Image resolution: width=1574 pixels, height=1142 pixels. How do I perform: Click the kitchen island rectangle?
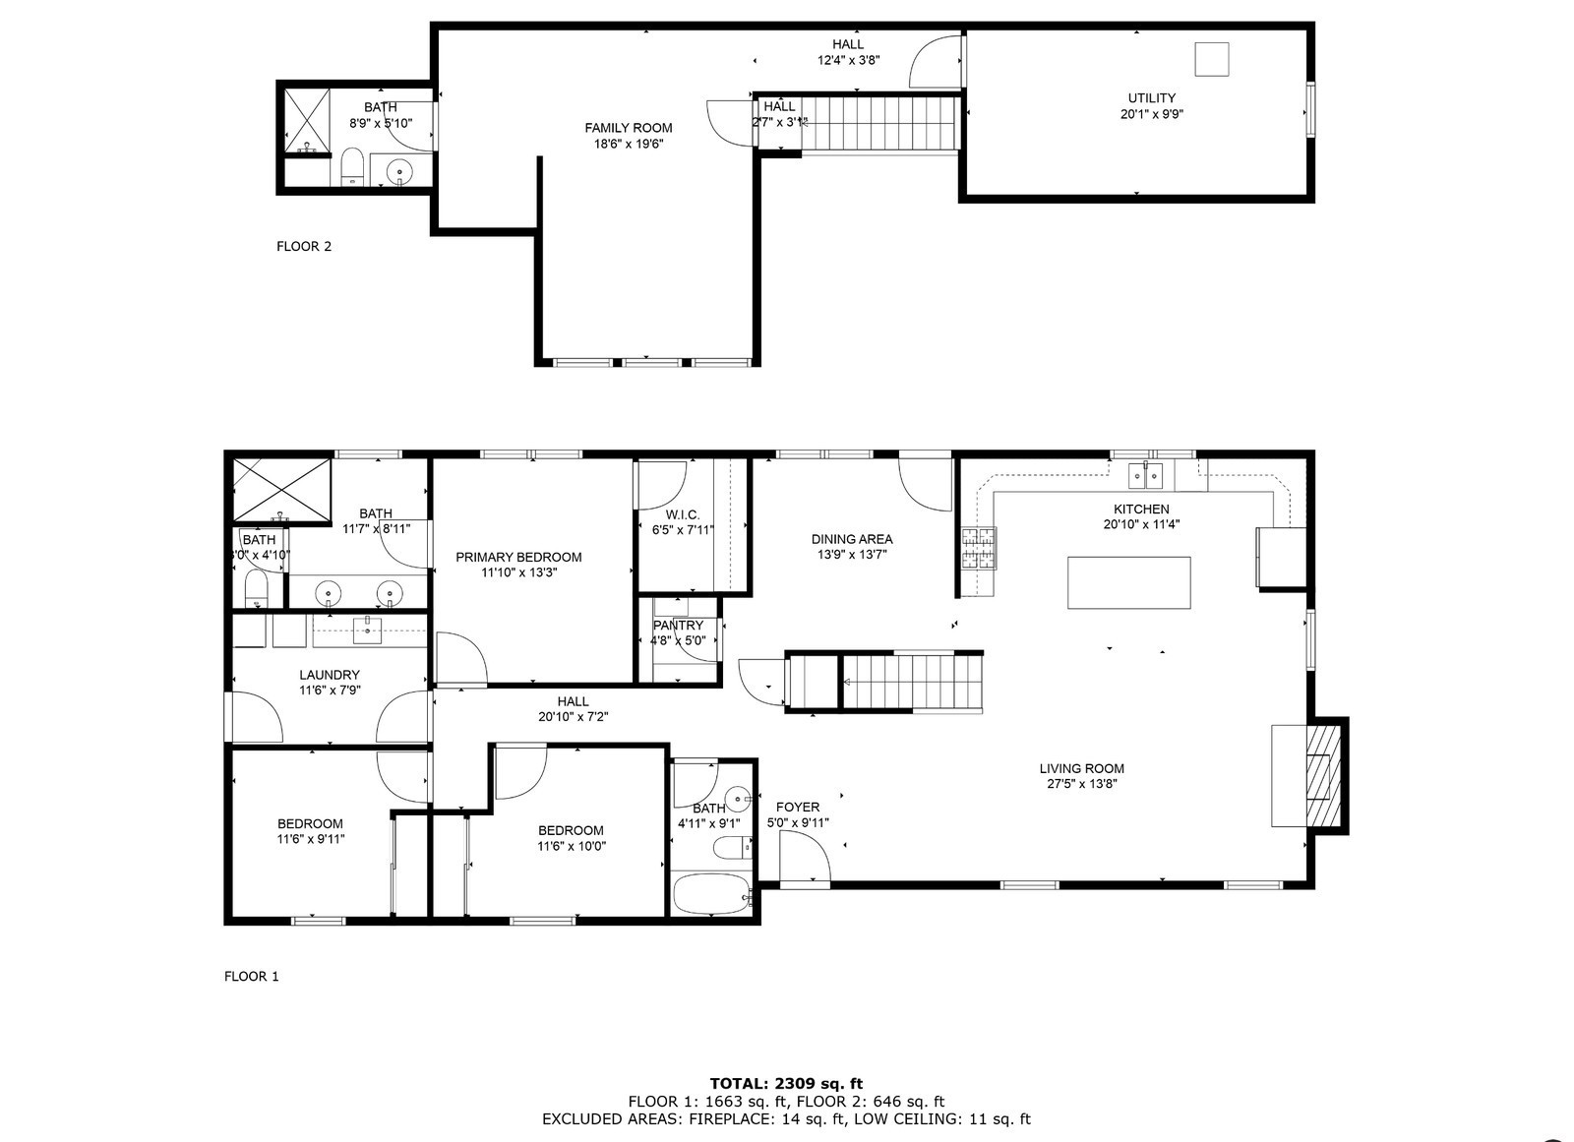pyautogui.click(x=1128, y=582)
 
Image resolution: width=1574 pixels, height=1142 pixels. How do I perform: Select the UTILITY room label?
pyautogui.click(x=1151, y=98)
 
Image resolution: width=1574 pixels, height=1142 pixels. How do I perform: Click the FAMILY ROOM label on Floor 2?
pyautogui.click(x=629, y=128)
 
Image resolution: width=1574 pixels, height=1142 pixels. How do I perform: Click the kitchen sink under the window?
pyautogui.click(x=1146, y=476)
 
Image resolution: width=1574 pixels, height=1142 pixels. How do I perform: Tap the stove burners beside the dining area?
pyautogui.click(x=978, y=548)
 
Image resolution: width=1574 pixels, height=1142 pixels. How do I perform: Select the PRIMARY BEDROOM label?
pyautogui.click(x=518, y=557)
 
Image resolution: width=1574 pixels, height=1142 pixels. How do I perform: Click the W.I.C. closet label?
pyautogui.click(x=683, y=515)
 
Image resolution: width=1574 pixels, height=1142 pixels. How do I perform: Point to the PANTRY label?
pyautogui.click(x=678, y=626)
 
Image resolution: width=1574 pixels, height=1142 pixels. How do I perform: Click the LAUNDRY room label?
pyautogui.click(x=330, y=675)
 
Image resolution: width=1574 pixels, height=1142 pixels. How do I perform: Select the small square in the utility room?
pyautogui.click(x=1212, y=59)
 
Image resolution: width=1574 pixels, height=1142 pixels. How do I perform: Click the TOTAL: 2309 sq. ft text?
pyautogui.click(x=786, y=1084)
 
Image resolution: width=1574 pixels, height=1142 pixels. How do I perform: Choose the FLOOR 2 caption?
pyautogui.click(x=304, y=246)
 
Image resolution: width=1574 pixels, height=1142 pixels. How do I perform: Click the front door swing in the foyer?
pyautogui.click(x=804, y=856)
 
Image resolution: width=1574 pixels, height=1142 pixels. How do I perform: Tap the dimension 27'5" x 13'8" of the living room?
pyautogui.click(x=1082, y=784)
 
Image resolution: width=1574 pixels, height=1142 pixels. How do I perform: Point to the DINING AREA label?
pyautogui.click(x=852, y=539)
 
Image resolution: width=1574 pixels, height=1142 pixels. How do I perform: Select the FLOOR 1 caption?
pyautogui.click(x=252, y=976)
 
